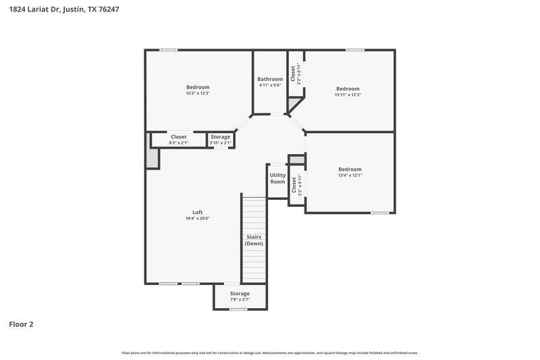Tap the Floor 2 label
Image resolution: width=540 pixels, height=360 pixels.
point(21,324)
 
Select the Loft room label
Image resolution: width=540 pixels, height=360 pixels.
point(198,212)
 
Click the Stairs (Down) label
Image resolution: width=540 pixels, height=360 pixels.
point(254,240)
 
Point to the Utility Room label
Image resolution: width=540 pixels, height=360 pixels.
point(278,178)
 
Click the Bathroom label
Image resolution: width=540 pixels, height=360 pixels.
point(270,79)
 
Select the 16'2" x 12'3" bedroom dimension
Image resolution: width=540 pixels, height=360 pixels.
point(198,93)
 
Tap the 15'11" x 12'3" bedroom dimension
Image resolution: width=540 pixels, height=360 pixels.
point(348,95)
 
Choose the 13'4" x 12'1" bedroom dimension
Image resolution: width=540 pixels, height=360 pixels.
point(350,176)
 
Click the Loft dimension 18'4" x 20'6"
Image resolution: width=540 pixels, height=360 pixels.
point(198,218)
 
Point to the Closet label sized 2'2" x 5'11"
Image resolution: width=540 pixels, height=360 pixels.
point(294,185)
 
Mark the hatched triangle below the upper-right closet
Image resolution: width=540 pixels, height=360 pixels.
point(294,104)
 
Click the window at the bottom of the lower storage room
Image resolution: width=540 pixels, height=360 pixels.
point(238,309)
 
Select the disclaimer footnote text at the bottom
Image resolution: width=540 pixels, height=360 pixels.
point(269,353)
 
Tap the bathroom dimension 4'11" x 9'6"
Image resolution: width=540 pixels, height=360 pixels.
point(270,85)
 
